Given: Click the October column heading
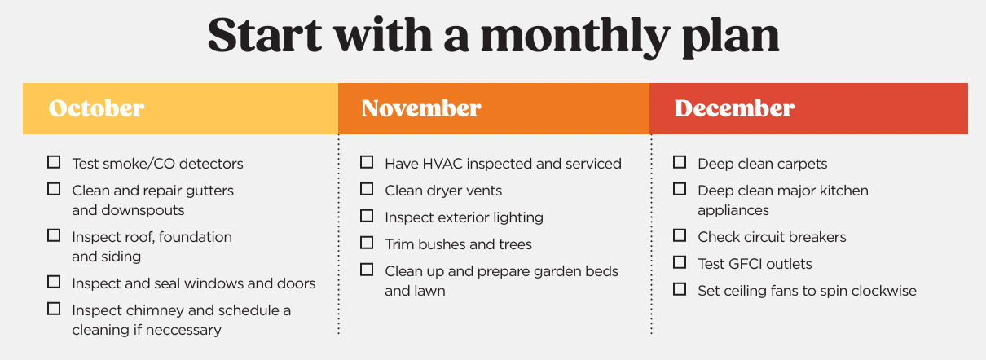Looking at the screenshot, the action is [96, 108].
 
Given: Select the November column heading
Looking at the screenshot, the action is [421, 108].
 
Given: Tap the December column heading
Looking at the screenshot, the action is [734, 108].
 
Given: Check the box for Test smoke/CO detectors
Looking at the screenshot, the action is [54, 162].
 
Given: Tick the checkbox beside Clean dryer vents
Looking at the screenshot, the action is [367, 189].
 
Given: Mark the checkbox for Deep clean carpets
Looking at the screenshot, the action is [680, 162].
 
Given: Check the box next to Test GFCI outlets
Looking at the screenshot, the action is [680, 262].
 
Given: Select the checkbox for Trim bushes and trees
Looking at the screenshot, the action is [367, 243].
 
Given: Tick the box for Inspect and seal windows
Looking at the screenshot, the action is [54, 282].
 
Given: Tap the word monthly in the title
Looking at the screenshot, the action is [575, 36].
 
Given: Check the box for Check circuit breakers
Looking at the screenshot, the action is [680, 235].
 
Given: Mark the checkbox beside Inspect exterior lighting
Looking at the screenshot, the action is [367, 216].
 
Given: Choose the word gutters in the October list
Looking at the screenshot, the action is [209, 191].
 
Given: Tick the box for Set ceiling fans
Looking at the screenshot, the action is [680, 289].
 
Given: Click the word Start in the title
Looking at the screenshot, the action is [265, 35].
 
